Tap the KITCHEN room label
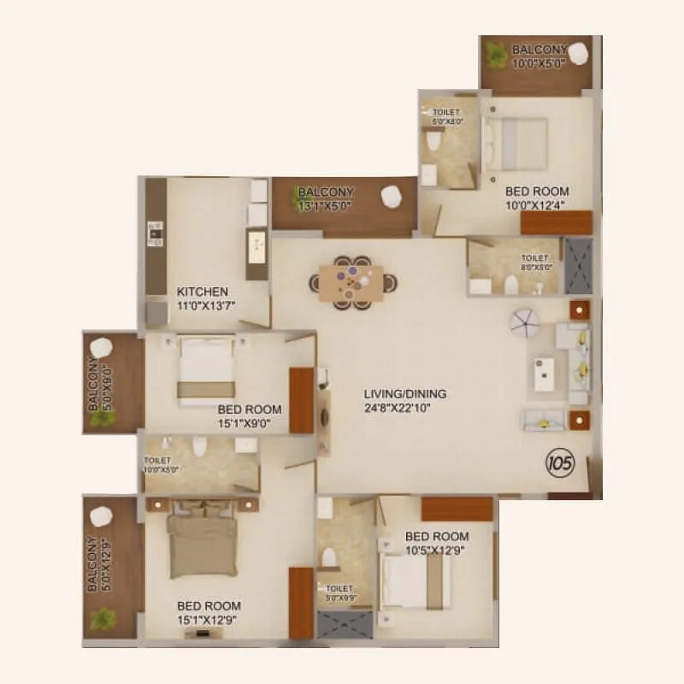(203, 292)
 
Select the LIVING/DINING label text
(405, 393)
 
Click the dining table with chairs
(351, 280)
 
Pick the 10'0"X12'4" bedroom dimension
(537, 204)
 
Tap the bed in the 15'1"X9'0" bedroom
(205, 369)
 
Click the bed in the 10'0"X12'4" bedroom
(516, 143)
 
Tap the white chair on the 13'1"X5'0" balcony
(391, 196)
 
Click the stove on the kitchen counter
(156, 231)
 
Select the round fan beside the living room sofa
(523, 322)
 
